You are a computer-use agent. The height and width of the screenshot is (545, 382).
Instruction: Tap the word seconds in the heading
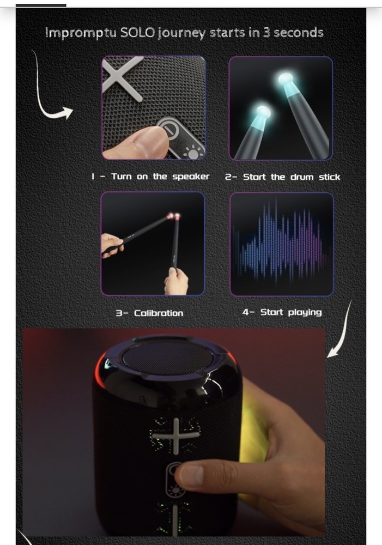click(x=298, y=33)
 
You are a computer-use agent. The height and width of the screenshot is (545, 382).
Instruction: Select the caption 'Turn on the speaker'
click(x=160, y=177)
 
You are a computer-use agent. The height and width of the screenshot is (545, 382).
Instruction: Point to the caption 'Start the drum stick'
click(x=291, y=177)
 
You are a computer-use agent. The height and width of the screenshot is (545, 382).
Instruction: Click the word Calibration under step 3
click(x=158, y=313)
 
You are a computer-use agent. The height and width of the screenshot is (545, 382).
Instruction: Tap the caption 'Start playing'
click(x=290, y=312)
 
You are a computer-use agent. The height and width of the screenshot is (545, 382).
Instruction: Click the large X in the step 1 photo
click(x=123, y=78)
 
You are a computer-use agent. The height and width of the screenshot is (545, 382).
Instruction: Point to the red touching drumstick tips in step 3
click(x=174, y=217)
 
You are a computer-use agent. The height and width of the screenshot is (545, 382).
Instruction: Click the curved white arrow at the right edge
click(x=341, y=332)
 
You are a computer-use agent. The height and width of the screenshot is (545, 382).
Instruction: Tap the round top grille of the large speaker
click(x=167, y=358)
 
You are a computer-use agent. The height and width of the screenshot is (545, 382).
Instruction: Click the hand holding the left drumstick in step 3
click(x=111, y=244)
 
